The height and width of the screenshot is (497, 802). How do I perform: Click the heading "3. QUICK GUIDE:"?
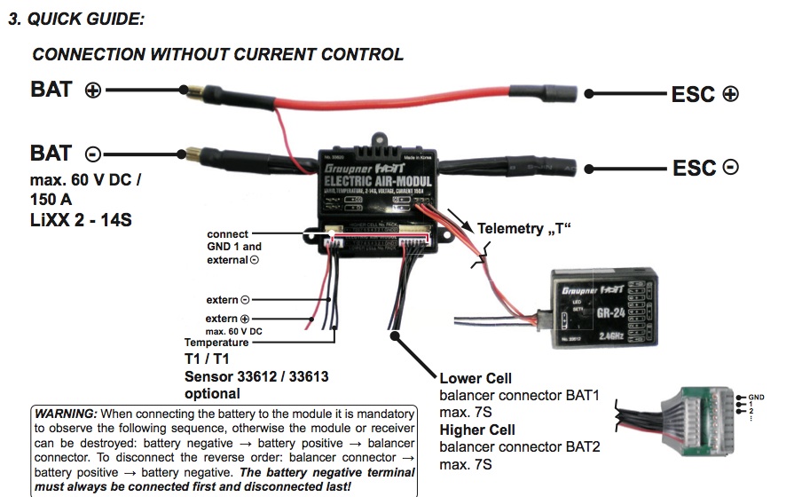[76, 19]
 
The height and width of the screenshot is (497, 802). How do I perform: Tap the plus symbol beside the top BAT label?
[93, 91]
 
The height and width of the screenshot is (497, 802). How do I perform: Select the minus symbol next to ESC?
[730, 166]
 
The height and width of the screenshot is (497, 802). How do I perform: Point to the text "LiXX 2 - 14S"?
[81, 219]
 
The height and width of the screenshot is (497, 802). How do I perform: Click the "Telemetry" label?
[513, 229]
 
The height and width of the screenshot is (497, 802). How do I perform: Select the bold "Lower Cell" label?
[476, 378]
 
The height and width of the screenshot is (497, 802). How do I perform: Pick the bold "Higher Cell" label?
[479, 430]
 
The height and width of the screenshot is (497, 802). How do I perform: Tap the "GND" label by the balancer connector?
[756, 397]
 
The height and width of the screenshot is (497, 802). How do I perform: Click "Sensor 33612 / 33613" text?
[256, 376]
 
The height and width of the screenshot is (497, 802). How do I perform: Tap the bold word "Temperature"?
[216, 343]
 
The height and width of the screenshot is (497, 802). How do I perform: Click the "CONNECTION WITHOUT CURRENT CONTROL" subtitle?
[217, 54]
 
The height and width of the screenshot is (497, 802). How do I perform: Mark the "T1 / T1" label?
[207, 359]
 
